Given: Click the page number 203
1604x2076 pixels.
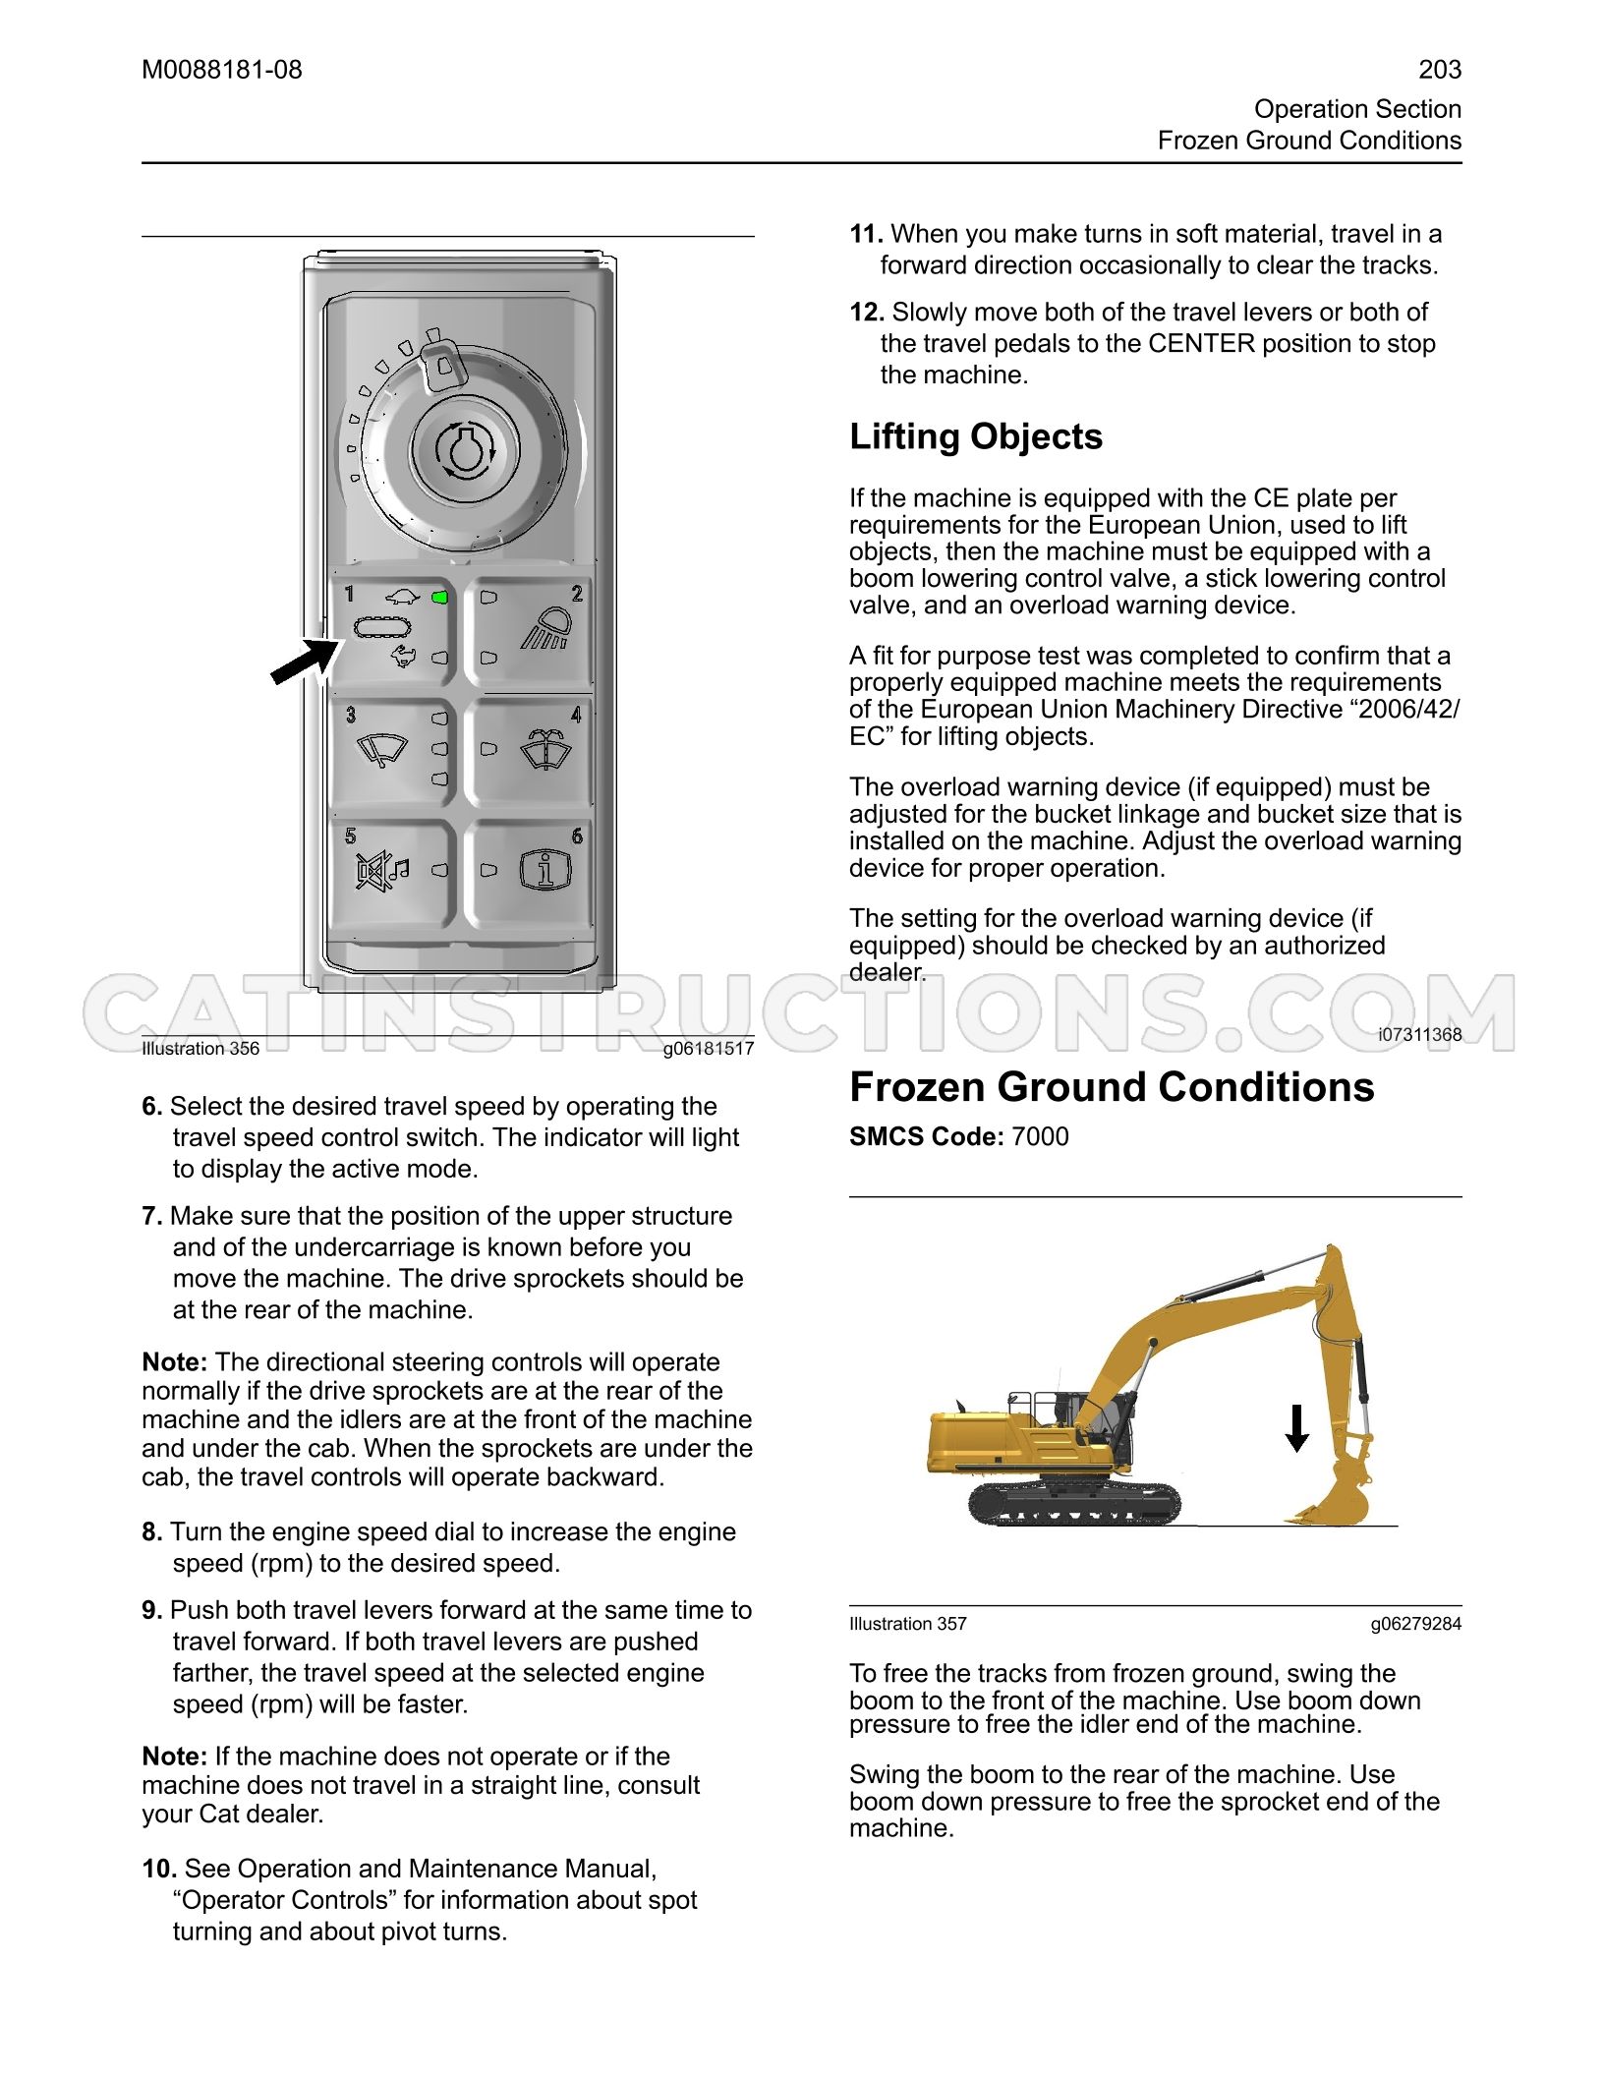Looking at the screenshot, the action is [x=1440, y=70].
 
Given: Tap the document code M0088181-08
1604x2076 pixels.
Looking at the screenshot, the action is [x=222, y=70].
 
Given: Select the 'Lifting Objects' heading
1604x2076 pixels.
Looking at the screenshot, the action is [x=976, y=437].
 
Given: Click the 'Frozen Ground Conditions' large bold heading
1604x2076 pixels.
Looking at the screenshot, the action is [x=1112, y=1087].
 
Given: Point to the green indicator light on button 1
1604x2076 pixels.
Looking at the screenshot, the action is [x=440, y=598].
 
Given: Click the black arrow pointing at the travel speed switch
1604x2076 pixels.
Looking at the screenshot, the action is [x=306, y=660].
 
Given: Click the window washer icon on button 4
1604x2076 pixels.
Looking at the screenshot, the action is [x=544, y=749].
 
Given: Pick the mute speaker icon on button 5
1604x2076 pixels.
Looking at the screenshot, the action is [x=381, y=871].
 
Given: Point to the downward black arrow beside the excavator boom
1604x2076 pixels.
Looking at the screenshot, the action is [x=1297, y=1428].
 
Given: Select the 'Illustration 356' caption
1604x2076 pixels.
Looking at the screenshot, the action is [x=200, y=1048].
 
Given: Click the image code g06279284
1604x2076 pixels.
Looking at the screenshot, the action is [x=1416, y=1624].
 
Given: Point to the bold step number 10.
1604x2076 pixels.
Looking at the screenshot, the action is [x=159, y=1869].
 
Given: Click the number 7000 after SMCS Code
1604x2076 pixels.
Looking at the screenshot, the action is [x=1040, y=1136].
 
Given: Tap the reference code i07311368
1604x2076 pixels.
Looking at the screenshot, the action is [x=1419, y=1034].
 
